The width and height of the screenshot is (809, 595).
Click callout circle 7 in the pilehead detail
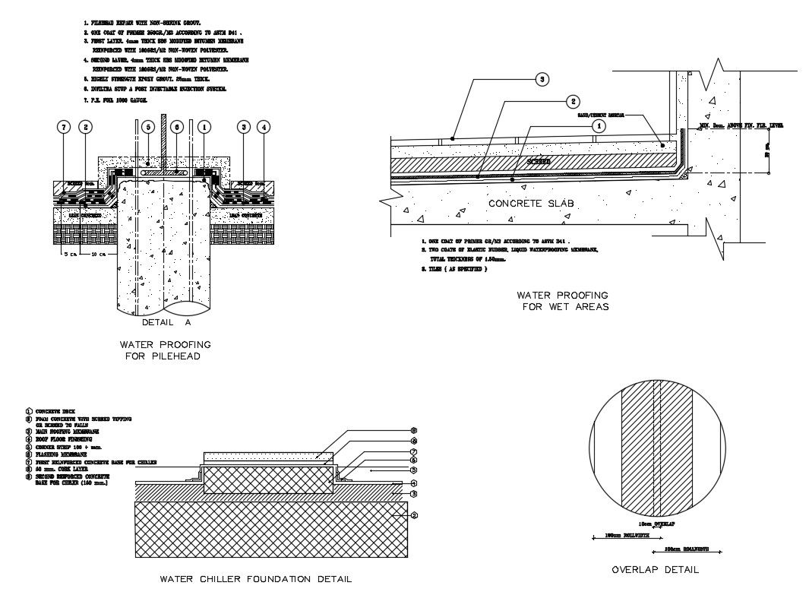coord(64,127)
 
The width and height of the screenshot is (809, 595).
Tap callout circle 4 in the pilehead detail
coord(264,127)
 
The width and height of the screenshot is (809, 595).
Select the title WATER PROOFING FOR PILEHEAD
coord(166,350)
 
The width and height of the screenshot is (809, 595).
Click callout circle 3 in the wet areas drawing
coord(541,78)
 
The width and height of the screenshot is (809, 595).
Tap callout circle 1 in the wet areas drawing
coord(599,126)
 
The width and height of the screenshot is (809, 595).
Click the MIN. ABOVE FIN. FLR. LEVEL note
coord(740,124)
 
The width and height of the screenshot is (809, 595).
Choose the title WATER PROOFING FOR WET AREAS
coord(562,301)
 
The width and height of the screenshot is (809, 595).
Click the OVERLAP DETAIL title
coord(655,569)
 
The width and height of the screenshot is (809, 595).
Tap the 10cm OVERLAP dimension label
coord(656,525)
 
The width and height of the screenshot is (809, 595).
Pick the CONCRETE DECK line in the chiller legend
coord(52,411)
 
